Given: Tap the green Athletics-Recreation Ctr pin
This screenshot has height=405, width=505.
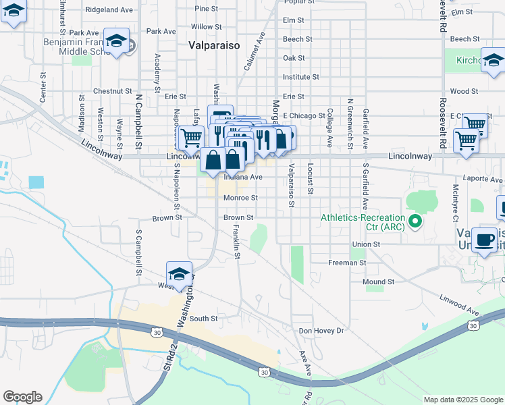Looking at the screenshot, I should pyautogui.click(x=416, y=221).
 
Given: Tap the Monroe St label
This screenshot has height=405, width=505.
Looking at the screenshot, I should pyautogui.click(x=240, y=198).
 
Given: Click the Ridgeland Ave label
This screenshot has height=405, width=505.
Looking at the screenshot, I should pyautogui.click(x=109, y=10).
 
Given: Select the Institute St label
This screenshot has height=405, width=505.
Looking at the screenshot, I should pyautogui.click(x=300, y=78).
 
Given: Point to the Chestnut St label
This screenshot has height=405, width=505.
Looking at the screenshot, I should pyautogui.click(x=112, y=90).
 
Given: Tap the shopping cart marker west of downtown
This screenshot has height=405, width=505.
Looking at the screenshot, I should pyautogui.click(x=190, y=138).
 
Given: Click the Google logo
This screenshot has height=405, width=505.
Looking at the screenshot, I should pyautogui.click(x=22, y=397).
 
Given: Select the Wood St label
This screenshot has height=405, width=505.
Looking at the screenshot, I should pyautogui.click(x=464, y=90).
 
